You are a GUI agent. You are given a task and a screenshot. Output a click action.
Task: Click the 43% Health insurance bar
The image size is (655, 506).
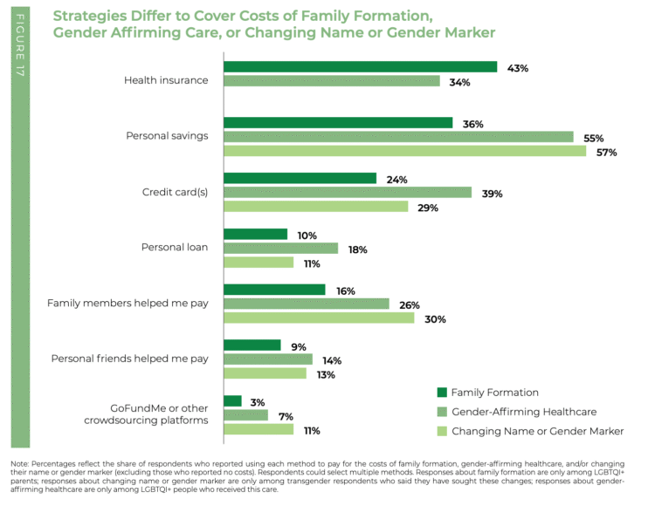point(360,67)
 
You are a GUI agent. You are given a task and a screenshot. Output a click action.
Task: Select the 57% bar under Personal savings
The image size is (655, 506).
point(404,151)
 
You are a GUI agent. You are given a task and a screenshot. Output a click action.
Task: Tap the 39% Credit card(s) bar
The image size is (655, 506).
point(348,193)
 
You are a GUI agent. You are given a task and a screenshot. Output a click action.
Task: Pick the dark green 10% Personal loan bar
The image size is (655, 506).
point(255,235)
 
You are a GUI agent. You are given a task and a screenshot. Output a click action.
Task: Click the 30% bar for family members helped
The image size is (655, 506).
point(319,318)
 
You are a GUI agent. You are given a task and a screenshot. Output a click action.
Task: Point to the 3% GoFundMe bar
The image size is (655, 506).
point(232,401)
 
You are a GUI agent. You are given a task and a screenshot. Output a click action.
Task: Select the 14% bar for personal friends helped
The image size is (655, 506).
point(268,359)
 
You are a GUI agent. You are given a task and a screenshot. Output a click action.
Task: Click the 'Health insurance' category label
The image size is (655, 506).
point(166,80)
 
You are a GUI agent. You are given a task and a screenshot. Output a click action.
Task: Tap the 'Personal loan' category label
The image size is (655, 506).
point(175,248)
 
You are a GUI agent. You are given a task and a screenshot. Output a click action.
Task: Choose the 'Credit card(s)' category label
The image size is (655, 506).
point(175,193)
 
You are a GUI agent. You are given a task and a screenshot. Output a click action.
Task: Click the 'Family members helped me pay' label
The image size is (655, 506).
point(128,304)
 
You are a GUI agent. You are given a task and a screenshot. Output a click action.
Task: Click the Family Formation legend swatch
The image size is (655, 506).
point(441,393)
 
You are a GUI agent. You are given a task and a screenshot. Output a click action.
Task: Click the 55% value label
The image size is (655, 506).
point(594,138)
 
